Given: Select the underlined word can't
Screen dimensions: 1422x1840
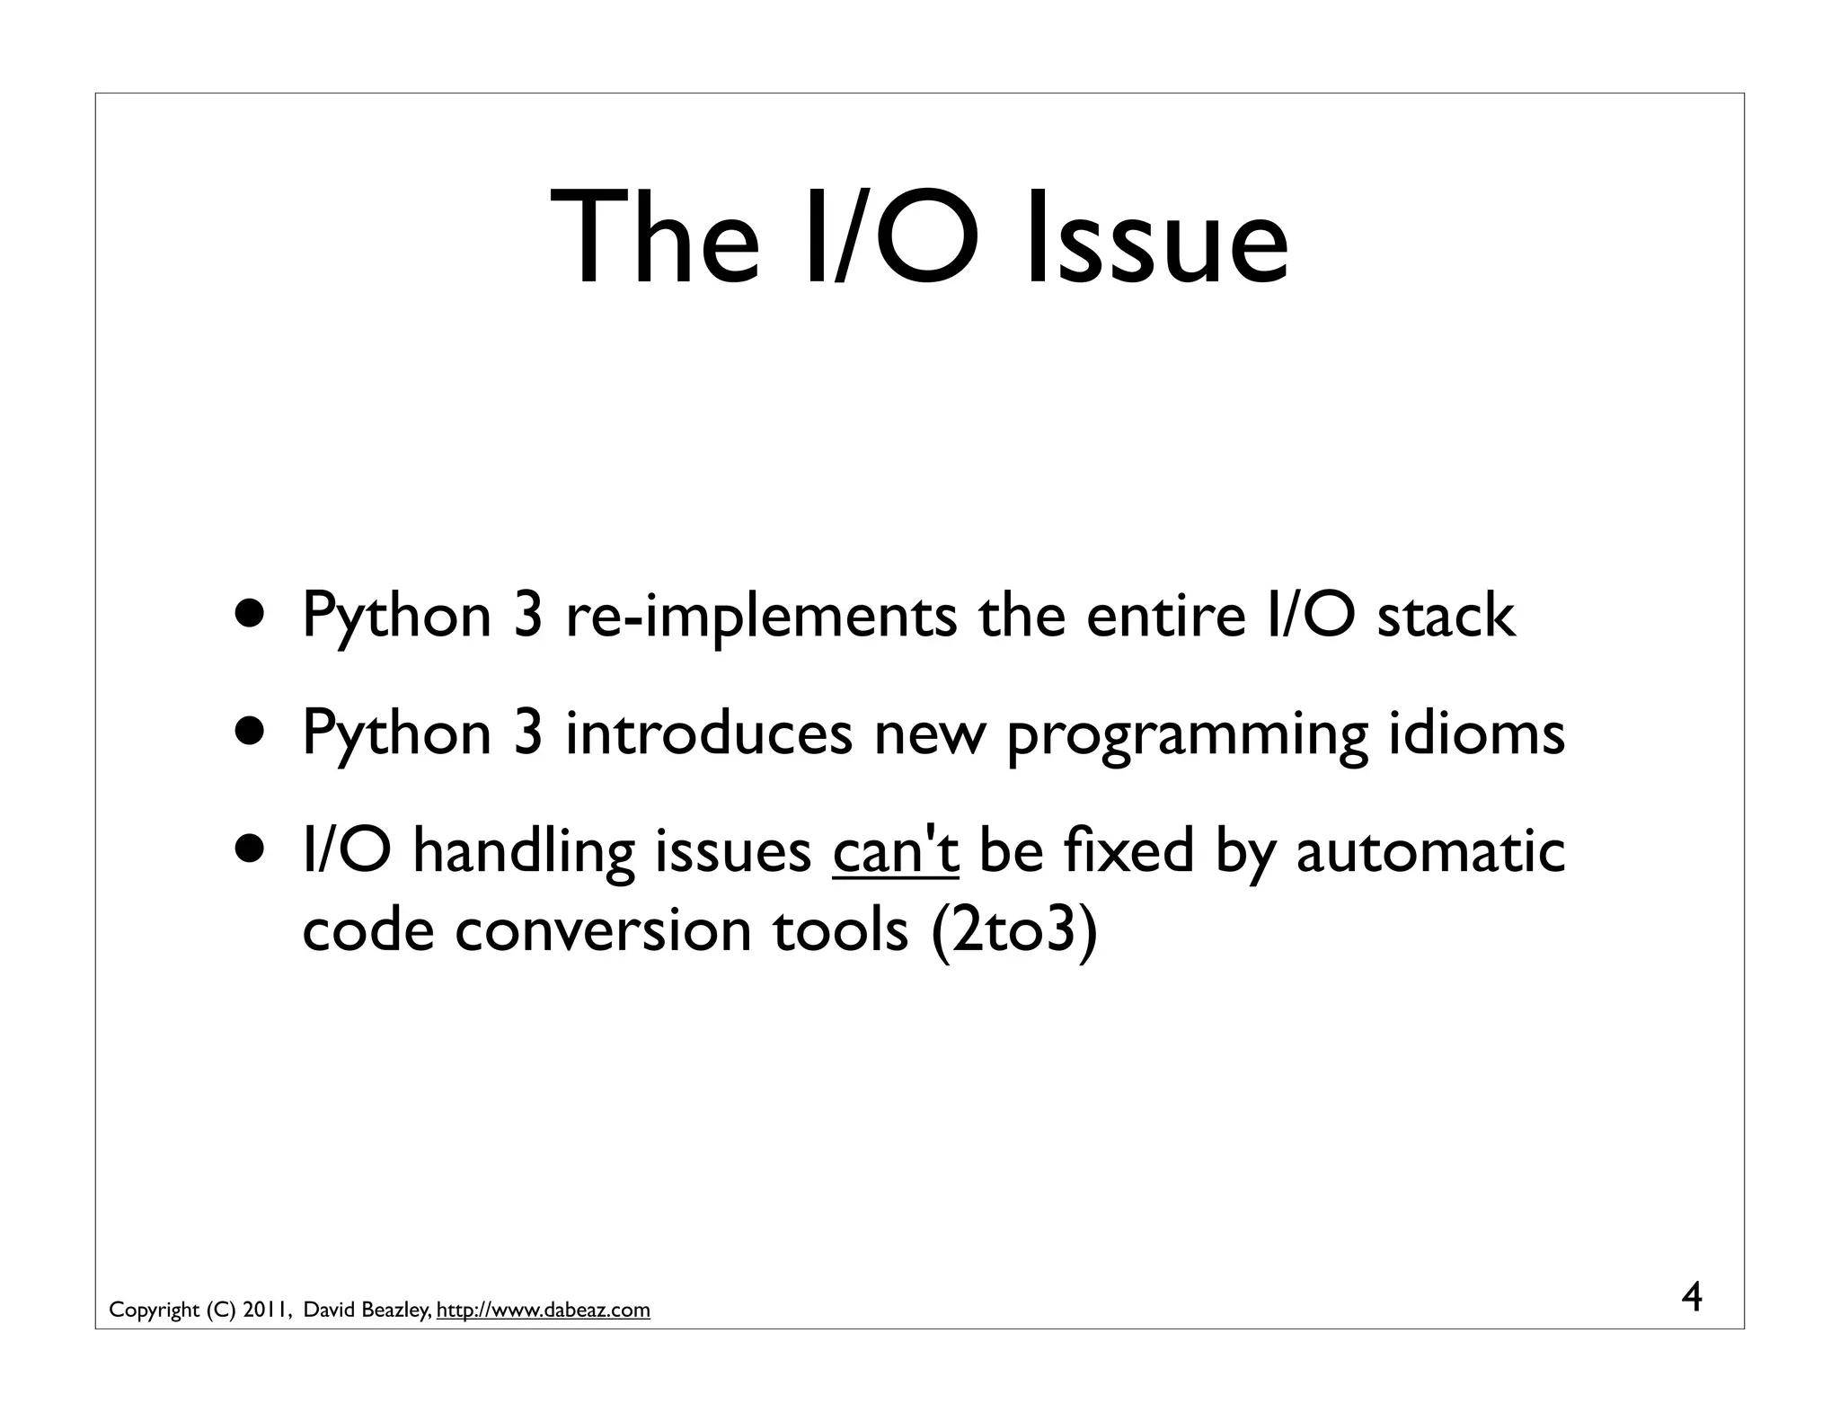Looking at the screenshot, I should click(x=896, y=851).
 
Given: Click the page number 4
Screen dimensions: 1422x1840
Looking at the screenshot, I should click(x=1691, y=1298).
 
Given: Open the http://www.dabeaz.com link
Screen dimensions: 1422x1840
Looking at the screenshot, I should click(x=543, y=1310).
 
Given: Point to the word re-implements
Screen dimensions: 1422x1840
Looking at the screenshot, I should click(x=761, y=618).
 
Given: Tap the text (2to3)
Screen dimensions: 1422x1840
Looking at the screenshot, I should click(x=1014, y=930).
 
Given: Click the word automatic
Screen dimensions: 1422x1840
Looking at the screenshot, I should click(x=1430, y=851).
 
